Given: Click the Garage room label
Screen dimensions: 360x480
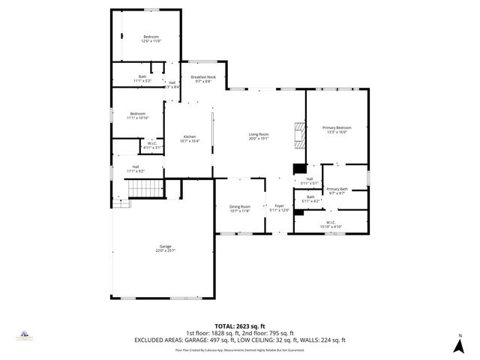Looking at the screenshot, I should coord(166,246).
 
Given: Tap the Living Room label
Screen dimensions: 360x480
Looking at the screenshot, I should coord(259,134).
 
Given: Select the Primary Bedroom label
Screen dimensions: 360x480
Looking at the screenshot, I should coord(337,127).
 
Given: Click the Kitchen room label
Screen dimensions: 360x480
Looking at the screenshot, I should coord(190,136).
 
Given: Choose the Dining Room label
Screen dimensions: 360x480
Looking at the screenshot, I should coord(240,206).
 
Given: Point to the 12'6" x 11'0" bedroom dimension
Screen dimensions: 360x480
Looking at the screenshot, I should coord(152,41).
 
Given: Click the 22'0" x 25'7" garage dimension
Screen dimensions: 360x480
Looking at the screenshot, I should coord(166,250).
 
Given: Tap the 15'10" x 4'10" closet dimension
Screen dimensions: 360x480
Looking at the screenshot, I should coord(331,226).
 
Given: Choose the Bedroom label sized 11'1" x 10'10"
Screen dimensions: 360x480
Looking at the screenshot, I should coord(137,113).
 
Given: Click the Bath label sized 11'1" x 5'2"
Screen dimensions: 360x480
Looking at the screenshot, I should coord(142,76).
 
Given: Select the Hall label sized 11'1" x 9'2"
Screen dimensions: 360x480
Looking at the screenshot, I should coord(136,166).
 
